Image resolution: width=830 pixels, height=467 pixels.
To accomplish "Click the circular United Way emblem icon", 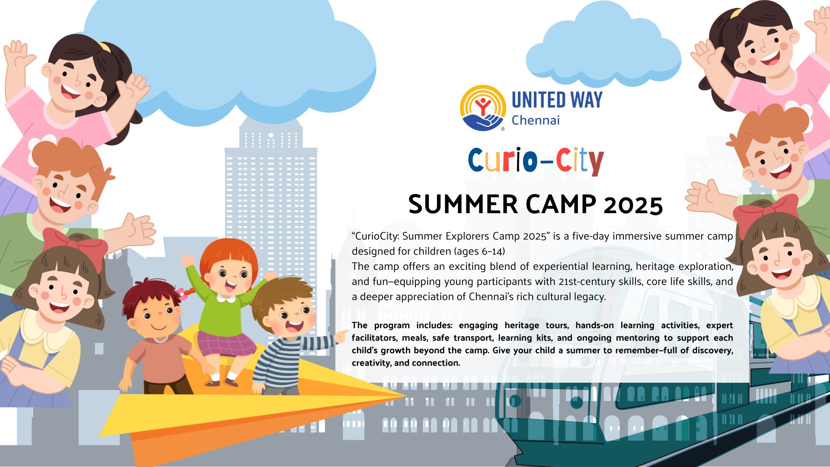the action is (x=483, y=108).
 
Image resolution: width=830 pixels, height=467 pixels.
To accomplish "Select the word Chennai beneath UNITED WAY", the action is (x=536, y=120).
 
